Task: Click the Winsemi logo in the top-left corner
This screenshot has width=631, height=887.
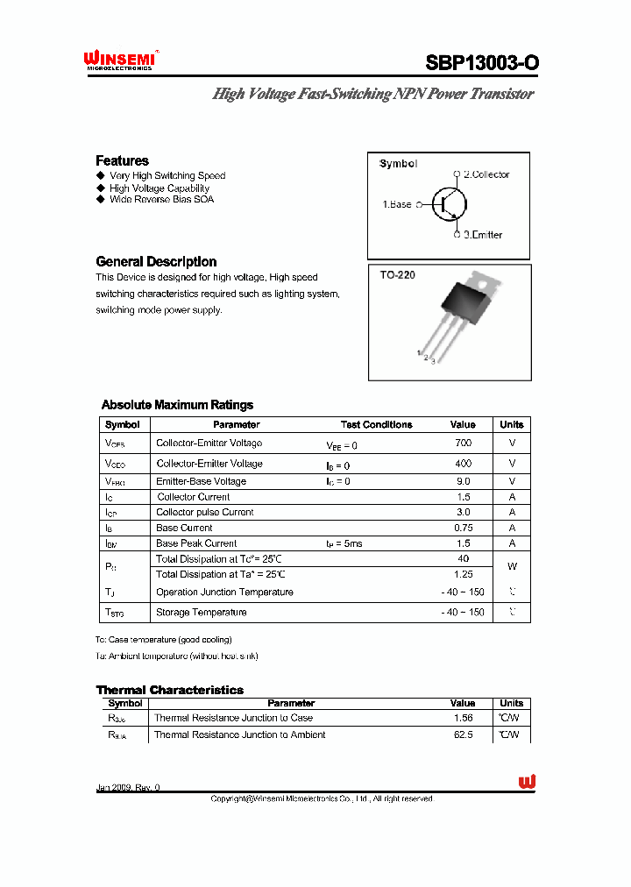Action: (119, 60)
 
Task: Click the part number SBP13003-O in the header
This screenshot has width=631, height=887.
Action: (482, 63)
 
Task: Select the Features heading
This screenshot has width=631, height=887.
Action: (122, 160)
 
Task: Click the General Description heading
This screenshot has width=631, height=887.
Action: (156, 261)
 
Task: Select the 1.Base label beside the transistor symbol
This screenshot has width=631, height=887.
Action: (396, 204)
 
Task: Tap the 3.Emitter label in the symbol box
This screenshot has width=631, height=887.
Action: (483, 235)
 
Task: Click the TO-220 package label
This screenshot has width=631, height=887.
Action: (397, 275)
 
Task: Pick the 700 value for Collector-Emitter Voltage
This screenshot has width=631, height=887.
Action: (463, 443)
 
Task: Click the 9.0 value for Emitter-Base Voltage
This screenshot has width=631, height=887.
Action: (463, 481)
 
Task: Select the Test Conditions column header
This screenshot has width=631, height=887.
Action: (376, 424)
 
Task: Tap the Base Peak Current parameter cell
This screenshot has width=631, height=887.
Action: (196, 543)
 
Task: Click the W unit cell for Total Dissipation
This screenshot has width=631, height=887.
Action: (512, 566)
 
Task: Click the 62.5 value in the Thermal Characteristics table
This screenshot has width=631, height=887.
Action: (463, 734)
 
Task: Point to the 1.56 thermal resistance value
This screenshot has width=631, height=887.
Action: (463, 718)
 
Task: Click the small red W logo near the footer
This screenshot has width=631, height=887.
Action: (527, 782)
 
